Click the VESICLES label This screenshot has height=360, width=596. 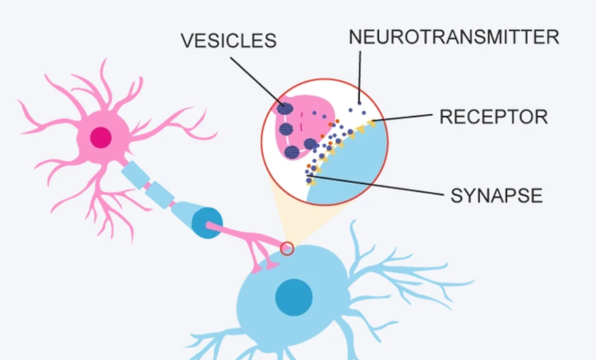click(x=229, y=41)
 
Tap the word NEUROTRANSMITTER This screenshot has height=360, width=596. click(x=454, y=37)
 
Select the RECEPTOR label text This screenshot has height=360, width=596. click(x=494, y=117)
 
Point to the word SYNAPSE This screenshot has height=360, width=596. click(x=496, y=196)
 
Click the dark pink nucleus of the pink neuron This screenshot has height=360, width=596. click(x=101, y=137)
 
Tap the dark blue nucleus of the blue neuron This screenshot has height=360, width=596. click(x=294, y=298)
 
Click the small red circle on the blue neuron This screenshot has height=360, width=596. click(x=287, y=249)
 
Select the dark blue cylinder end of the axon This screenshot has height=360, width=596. click(x=207, y=223)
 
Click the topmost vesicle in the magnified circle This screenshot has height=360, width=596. click(x=285, y=109)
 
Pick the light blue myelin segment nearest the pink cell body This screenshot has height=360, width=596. click(x=135, y=175)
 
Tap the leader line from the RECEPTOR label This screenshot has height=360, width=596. click(x=402, y=117)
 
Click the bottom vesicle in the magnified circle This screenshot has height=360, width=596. click(x=292, y=153)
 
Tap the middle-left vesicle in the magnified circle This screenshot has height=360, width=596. click(x=286, y=129)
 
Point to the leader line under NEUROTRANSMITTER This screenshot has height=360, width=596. click(x=360, y=77)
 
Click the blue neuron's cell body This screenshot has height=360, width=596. click(x=293, y=296)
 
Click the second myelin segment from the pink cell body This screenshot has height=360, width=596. click(x=160, y=195)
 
